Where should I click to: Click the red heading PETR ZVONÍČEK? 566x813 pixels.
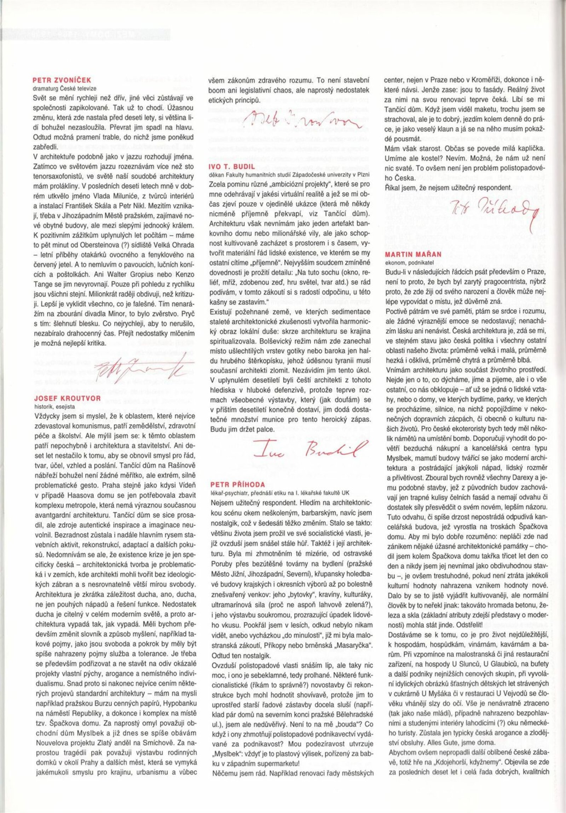pos(62,80)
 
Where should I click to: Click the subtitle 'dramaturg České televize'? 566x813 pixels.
pos(64,88)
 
